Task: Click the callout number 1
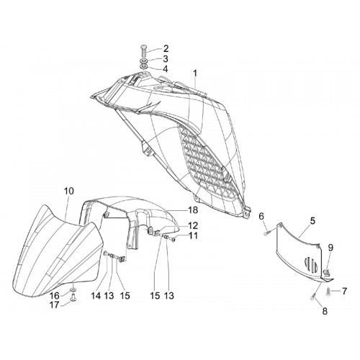click(195, 73)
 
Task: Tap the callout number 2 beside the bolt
click(166, 49)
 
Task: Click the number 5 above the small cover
click(312, 221)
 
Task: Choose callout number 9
click(261, 216)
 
